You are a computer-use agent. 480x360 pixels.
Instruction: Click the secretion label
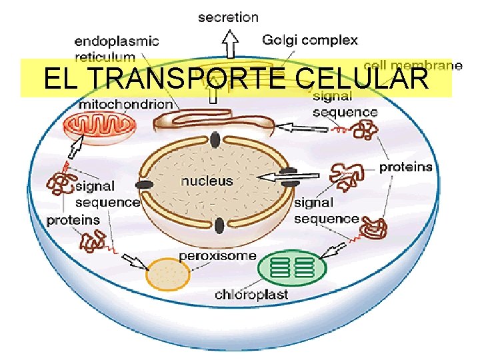click(x=229, y=17)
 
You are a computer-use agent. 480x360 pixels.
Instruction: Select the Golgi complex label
click(x=310, y=40)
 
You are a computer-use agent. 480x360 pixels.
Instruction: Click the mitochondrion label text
click(x=126, y=105)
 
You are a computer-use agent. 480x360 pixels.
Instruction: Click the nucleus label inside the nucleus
click(x=207, y=180)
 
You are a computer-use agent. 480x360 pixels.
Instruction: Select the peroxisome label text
click(x=217, y=255)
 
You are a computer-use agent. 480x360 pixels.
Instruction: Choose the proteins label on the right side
click(x=405, y=167)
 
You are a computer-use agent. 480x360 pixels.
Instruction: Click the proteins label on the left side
click(x=73, y=219)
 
